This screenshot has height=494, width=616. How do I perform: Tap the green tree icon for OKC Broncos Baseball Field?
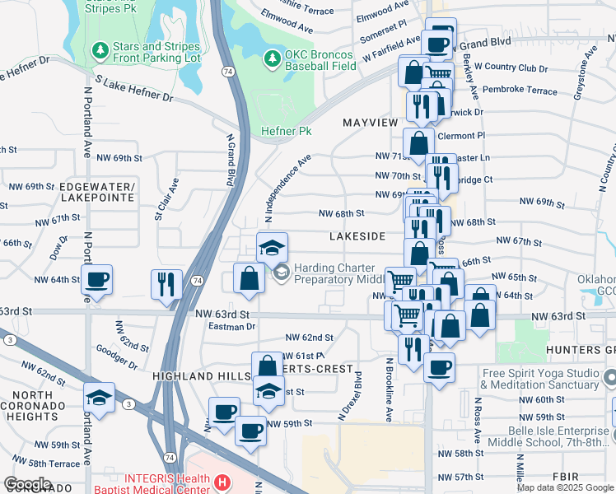click(x=272, y=58)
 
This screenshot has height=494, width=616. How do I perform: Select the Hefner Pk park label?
click(x=286, y=131)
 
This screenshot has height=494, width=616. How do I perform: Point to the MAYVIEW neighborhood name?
click(x=370, y=122)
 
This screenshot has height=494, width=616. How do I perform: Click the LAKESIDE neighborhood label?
click(x=357, y=236)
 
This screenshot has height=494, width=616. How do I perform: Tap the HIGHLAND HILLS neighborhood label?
click(x=201, y=375)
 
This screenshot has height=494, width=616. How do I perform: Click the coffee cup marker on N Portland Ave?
click(x=97, y=280)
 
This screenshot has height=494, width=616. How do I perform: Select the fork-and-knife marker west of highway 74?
click(x=167, y=284)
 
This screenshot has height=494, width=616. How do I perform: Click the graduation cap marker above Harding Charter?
click(x=272, y=247)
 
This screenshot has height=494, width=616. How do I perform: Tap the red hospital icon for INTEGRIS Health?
click(x=220, y=482)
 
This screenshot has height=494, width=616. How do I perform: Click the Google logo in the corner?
click(x=27, y=484)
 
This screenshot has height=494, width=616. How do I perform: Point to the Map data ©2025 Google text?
click(x=565, y=487)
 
